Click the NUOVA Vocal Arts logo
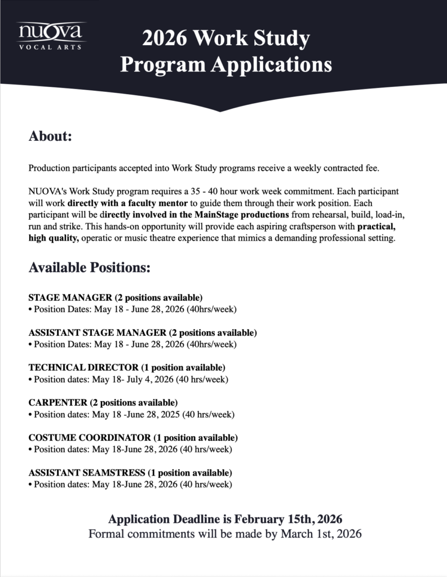(51, 35)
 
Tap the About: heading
(50, 136)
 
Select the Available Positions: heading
(89, 268)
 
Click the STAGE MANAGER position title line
(115, 298)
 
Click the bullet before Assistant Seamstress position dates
(30, 485)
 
